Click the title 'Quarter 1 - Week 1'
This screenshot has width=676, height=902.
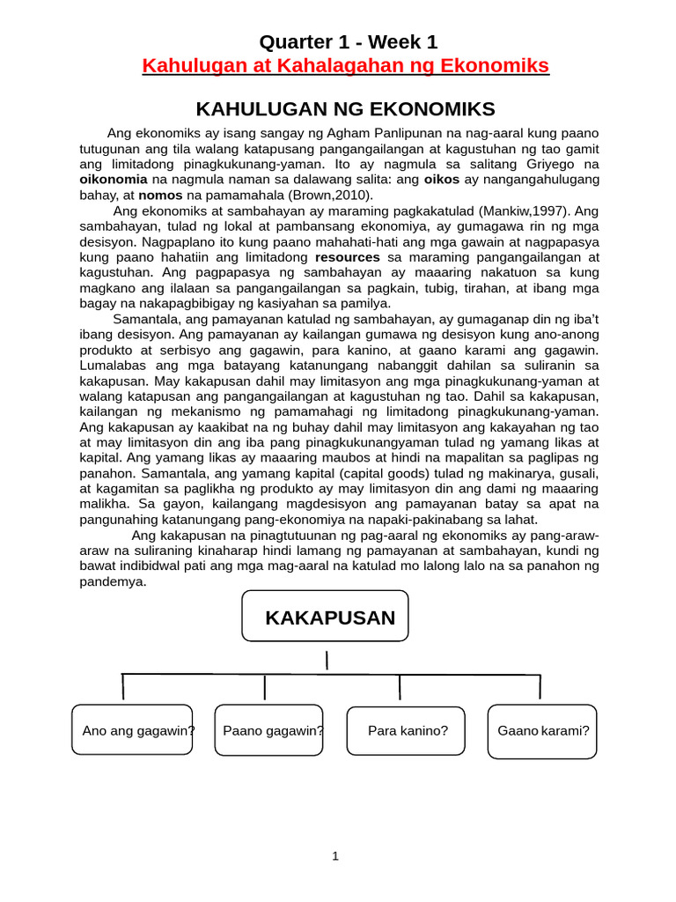pos(347,41)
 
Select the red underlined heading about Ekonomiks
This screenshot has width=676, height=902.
pos(346,66)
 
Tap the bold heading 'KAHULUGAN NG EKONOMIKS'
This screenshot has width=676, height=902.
pos(345,109)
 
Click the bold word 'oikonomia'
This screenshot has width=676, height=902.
pos(114,179)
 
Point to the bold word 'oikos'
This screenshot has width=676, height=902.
pos(443,179)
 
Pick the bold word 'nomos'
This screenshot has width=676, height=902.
pos(159,195)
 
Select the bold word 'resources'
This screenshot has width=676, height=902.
pos(348,256)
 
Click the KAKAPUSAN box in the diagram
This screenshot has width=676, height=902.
pos(326,617)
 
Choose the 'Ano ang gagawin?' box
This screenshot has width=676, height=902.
pos(132,730)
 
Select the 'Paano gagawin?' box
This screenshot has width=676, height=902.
pos(269,730)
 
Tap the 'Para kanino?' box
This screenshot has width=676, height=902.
pos(407,730)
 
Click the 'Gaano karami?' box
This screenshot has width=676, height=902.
pos(543,730)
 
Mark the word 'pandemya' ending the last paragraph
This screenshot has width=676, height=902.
pos(112,582)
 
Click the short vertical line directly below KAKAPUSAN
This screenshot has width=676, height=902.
pos(327,661)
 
